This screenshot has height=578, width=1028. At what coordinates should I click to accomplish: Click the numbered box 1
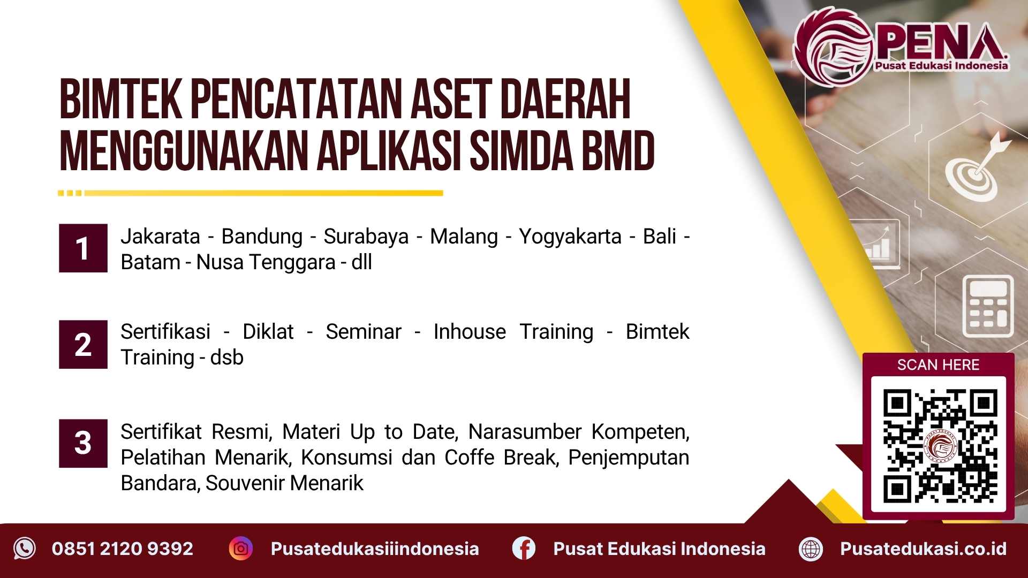pos(83,248)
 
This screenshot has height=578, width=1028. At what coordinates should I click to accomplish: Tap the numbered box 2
pos(83,345)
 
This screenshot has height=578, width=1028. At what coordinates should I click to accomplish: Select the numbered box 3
pos(83,443)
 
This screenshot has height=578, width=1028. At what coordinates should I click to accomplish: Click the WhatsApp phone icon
pos(25,549)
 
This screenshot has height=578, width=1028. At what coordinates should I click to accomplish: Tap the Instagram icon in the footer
pos(241,549)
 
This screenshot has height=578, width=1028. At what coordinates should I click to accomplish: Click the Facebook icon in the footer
pos(524,549)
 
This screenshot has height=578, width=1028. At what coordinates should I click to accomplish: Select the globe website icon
pos(811,549)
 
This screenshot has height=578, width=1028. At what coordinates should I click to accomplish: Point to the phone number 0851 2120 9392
pos(123,549)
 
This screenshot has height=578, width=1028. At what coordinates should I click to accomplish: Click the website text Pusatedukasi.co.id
pos(924,549)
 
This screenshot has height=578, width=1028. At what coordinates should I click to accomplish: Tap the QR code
pos(939,446)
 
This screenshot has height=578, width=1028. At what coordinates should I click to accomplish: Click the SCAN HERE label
pos(938,365)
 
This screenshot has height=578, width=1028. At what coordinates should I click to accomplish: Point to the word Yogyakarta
pos(570,236)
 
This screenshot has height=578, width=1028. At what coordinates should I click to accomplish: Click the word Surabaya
pos(366,236)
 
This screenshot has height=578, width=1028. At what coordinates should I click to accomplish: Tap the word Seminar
pos(364,332)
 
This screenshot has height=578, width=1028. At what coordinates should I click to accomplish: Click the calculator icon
pos(988,306)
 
